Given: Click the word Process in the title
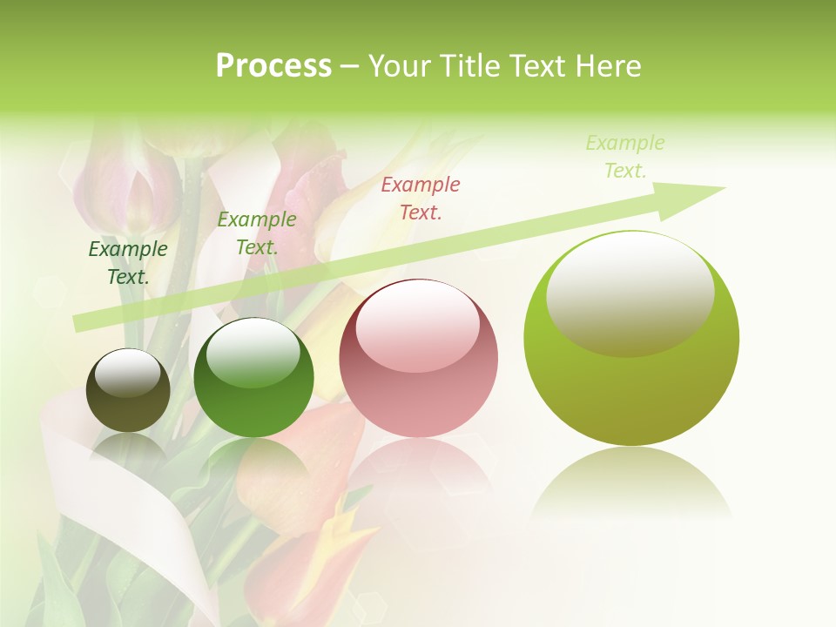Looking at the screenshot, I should point(273,66).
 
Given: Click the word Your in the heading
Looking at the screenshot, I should point(400,66).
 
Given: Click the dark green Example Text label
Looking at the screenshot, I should point(128,263).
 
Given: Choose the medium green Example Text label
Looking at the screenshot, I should point(257,233).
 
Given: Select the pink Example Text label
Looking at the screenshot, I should point(421,198).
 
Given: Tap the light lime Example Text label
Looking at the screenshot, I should point(625,156).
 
